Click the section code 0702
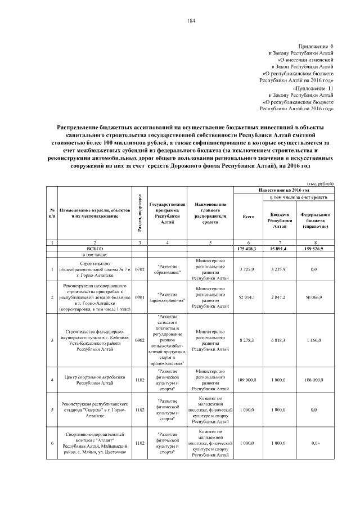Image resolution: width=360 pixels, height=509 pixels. coord(140,269)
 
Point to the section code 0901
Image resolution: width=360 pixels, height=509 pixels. coord(140,296)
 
